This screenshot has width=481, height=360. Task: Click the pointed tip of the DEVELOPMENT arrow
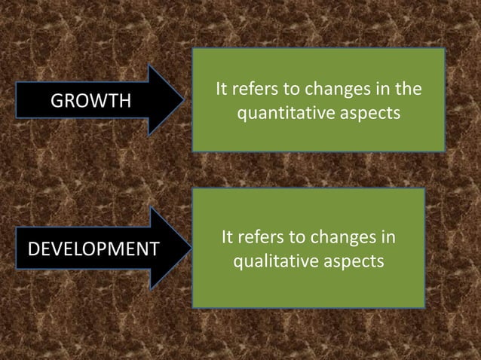[x=185, y=248]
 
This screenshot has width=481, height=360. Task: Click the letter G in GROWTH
[x=55, y=101]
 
